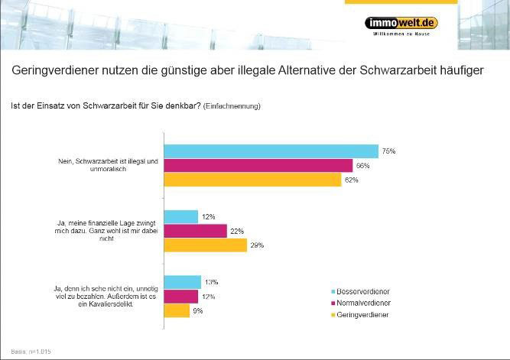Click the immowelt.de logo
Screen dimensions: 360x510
(401, 23)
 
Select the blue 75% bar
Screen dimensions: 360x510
(271, 151)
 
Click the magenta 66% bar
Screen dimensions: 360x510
(258, 166)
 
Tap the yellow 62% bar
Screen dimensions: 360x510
(252, 180)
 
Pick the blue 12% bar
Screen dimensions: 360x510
(181, 217)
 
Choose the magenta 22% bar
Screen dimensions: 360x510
(196, 231)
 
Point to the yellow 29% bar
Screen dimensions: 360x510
(206, 245)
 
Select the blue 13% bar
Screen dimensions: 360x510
(183, 282)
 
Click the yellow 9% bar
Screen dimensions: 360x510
(177, 311)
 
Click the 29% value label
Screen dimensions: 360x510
(257, 246)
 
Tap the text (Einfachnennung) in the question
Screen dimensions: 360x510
(232, 106)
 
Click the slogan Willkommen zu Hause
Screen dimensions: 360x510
(401, 35)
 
